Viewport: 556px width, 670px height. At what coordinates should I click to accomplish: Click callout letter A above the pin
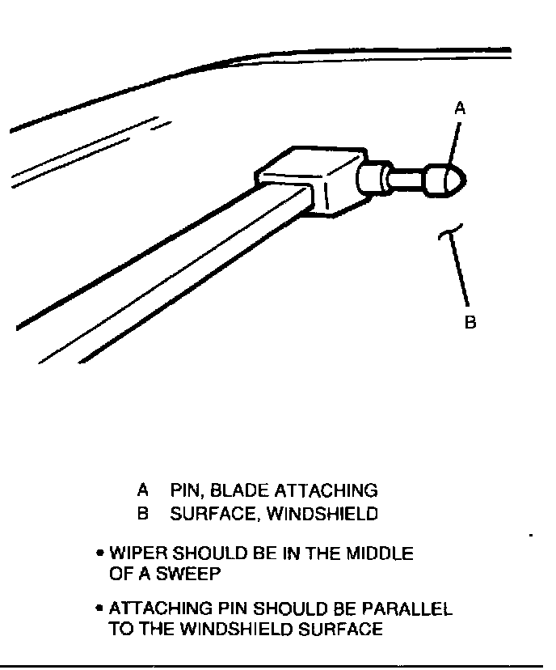coord(460,107)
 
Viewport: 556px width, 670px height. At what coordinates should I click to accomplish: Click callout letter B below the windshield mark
coord(470,323)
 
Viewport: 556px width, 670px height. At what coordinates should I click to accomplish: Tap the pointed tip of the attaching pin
coord(464,178)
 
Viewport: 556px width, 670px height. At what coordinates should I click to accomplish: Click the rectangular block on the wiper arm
coord(311,182)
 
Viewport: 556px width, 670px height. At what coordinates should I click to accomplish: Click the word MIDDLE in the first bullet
coord(380,554)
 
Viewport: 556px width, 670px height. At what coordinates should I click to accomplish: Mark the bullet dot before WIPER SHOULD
coord(99,554)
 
